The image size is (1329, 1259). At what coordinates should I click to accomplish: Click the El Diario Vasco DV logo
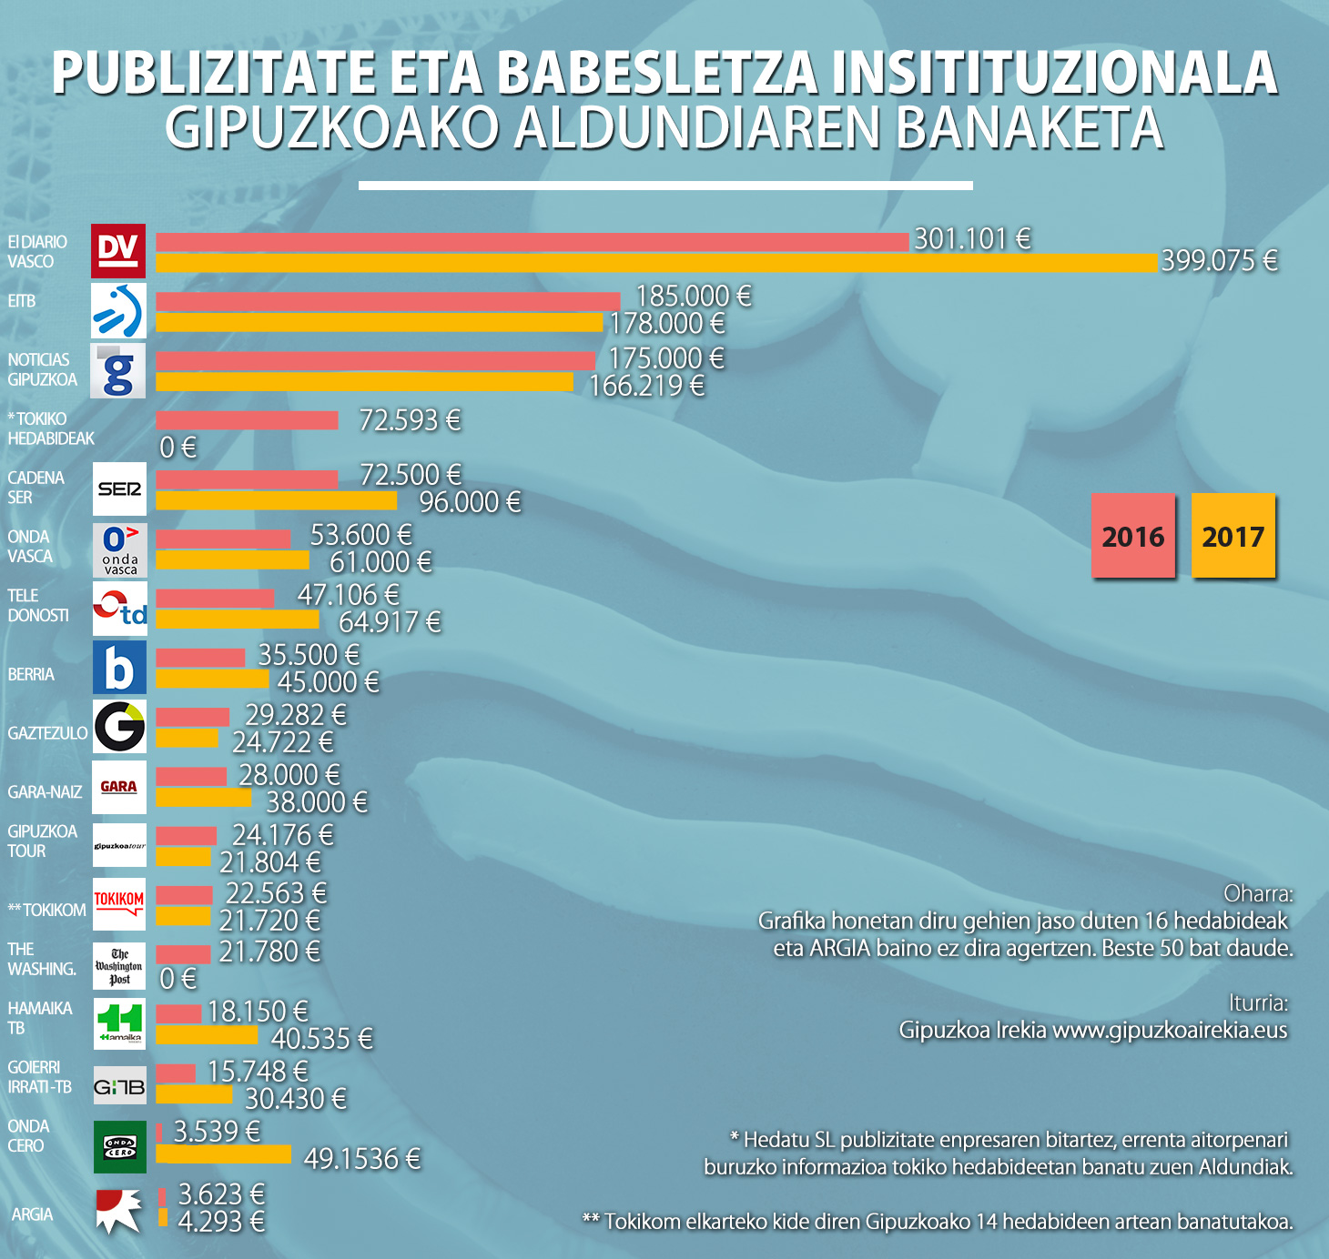pos(118,250)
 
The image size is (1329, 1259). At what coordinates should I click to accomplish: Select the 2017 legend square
pos(1233,536)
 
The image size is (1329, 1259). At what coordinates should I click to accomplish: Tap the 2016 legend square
pos(1133,536)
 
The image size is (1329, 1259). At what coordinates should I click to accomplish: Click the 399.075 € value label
pos(1219,261)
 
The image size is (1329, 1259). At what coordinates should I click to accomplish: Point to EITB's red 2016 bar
pos(388,301)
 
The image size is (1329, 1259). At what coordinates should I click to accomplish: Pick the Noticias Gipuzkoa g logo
pos(118,370)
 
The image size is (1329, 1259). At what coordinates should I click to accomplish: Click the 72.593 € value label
pos(410,420)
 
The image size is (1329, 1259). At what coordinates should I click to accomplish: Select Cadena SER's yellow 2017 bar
pos(276,500)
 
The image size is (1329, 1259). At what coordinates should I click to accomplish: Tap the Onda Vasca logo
pos(119,549)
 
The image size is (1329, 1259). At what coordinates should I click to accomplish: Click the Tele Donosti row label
pos(38,606)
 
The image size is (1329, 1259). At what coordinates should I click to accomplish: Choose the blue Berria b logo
pos(119,668)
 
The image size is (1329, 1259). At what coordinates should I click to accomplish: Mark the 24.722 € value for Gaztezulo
pos(283,742)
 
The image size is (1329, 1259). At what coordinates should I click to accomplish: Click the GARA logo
pos(119,787)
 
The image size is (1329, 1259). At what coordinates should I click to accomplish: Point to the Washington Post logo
pos(119,966)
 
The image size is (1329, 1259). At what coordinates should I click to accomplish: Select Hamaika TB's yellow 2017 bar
pos(207,1035)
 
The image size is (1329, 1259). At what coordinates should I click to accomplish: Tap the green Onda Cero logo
pos(119,1146)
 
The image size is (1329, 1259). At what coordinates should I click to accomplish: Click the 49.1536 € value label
pos(362,1159)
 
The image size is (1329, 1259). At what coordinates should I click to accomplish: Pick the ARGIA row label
pos(33,1214)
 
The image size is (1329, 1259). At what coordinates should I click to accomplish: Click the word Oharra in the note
pos(1258,893)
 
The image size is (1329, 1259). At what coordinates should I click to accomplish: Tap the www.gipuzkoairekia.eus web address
pos(1170,1030)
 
